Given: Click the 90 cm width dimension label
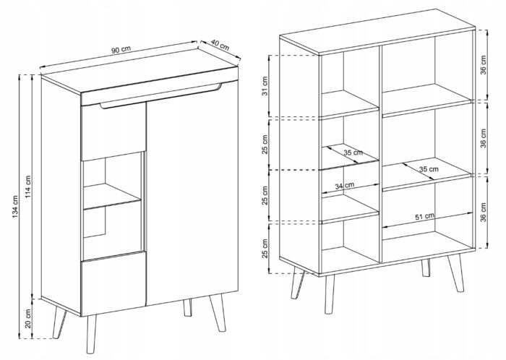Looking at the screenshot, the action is pos(121,49).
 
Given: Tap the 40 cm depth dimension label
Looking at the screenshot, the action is pos(220,45).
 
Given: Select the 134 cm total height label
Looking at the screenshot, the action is pos(15,207).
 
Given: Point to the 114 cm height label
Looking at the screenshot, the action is pos(28,187).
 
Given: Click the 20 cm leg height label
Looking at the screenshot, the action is pos(28,319).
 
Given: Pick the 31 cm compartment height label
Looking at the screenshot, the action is pos(265,86).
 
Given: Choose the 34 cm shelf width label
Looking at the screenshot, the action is pos(344,186).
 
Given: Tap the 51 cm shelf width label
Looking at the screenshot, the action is pos(425,216).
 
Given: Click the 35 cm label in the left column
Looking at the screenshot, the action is pos(353,153).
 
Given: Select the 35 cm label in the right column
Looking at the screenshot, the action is pos(429,168).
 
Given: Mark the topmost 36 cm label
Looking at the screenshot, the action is pos(483,65).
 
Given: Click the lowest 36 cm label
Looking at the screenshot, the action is pos(483,213).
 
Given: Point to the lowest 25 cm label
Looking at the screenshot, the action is pos(265,249).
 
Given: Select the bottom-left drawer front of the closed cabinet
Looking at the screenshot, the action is pos(113,283).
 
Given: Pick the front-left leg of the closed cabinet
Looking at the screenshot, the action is pos(91,334).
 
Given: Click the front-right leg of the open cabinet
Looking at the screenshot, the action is pos(456,273).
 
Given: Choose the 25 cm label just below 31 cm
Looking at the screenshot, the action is pos(265,143).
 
